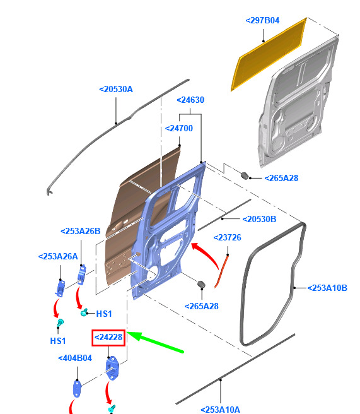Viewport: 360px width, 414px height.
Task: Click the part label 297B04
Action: (x=262, y=21)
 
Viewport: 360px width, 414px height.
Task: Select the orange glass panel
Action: (x=269, y=54)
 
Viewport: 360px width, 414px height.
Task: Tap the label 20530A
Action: (x=116, y=89)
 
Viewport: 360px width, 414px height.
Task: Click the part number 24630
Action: (x=190, y=100)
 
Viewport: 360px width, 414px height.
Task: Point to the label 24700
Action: (x=179, y=128)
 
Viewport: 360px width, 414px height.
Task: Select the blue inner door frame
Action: (x=169, y=230)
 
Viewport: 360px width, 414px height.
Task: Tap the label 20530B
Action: (x=260, y=219)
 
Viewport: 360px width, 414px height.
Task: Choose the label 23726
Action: (x=228, y=237)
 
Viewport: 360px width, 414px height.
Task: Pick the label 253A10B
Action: (x=328, y=288)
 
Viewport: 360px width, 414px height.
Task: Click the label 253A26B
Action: (x=81, y=231)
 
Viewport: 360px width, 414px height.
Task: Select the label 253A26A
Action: (x=58, y=256)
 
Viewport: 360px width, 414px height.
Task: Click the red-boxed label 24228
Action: (x=108, y=338)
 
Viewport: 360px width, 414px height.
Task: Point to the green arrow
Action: (x=156, y=342)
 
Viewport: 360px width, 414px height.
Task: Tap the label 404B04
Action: (x=75, y=358)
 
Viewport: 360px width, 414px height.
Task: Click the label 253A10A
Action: (x=221, y=410)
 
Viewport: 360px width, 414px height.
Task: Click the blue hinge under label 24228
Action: (x=112, y=368)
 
